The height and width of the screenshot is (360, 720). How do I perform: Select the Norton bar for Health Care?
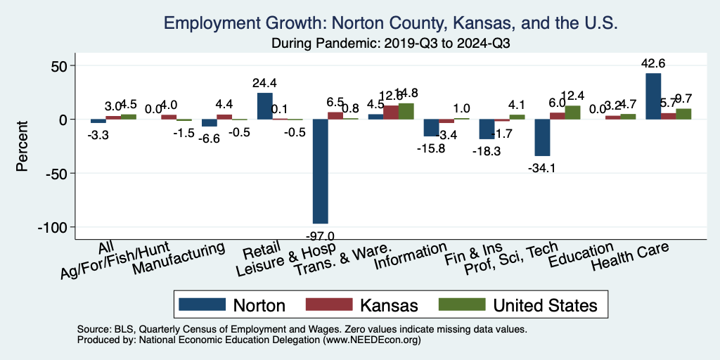click(x=653, y=96)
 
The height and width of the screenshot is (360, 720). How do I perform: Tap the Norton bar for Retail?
click(x=265, y=106)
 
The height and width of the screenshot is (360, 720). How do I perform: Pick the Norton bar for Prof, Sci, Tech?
click(x=542, y=138)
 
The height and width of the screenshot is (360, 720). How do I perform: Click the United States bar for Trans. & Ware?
click(x=406, y=111)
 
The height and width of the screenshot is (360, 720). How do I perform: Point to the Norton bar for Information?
click(x=431, y=128)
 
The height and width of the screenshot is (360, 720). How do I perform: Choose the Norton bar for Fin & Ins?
click(x=487, y=129)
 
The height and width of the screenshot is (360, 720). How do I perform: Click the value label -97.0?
click(x=321, y=235)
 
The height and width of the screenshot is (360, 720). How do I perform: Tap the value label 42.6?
click(x=654, y=64)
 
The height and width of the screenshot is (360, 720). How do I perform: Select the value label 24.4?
click(x=265, y=83)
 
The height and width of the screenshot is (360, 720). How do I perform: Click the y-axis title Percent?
click(x=22, y=146)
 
